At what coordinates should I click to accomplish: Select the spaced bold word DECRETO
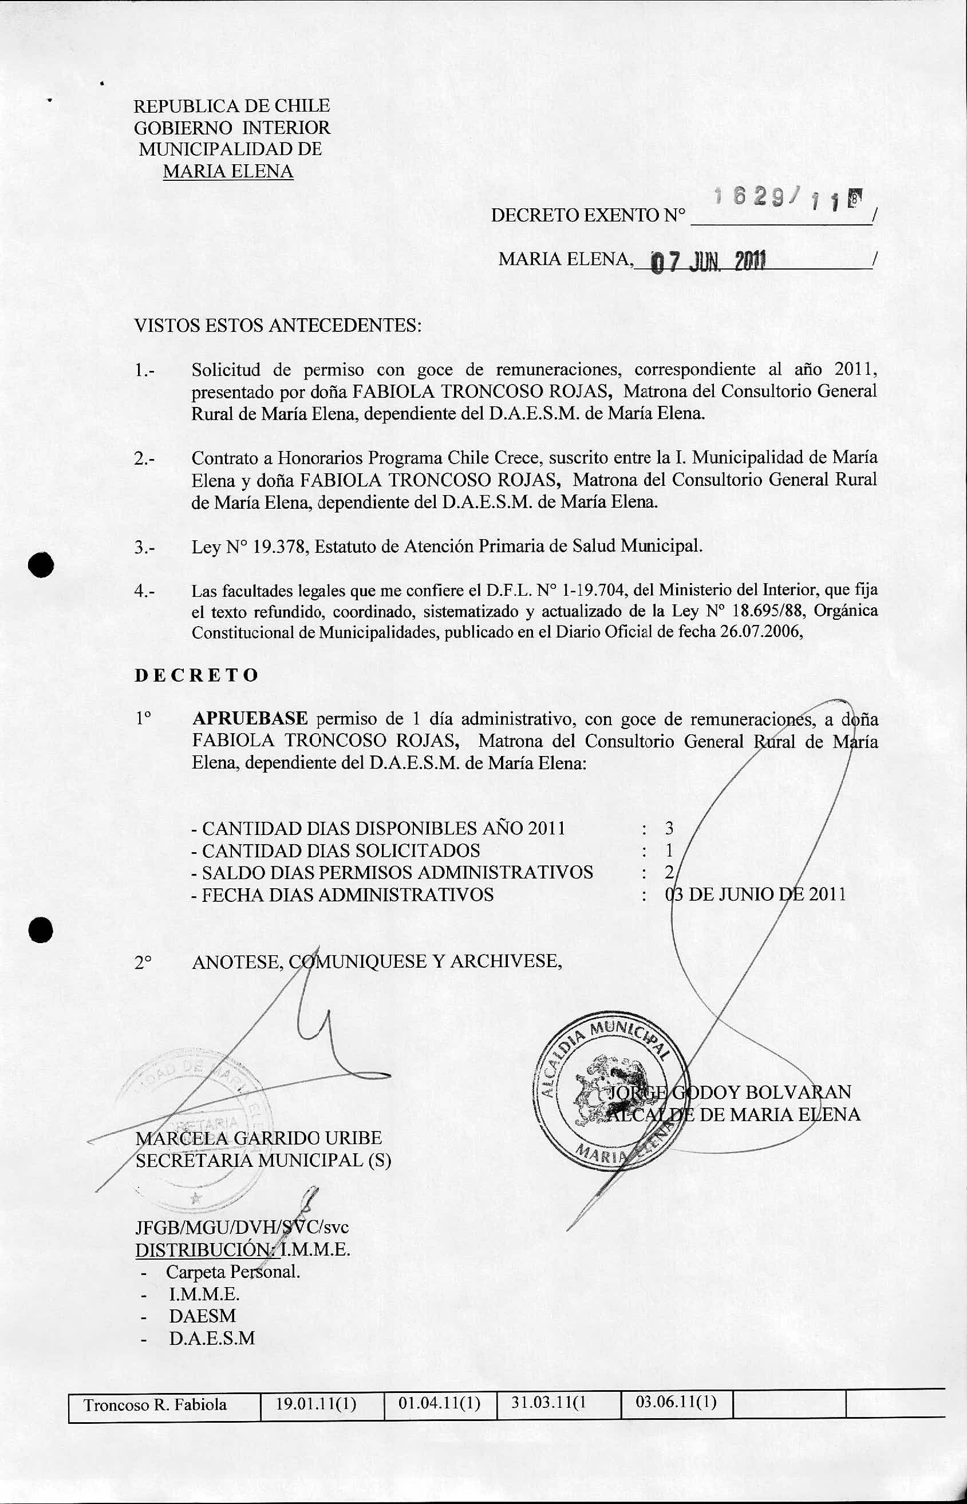(x=196, y=675)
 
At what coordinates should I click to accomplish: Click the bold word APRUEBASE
(x=250, y=719)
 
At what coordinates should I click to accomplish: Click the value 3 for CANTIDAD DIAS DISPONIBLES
(x=669, y=828)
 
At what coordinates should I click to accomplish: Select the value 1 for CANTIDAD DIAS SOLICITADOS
(x=669, y=850)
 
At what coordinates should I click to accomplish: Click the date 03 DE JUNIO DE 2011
(x=755, y=895)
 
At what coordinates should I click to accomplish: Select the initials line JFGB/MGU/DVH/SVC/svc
(x=242, y=1226)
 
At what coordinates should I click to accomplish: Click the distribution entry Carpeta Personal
(x=232, y=1272)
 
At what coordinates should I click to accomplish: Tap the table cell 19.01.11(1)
(x=317, y=1422)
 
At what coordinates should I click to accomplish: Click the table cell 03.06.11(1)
(x=676, y=1419)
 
